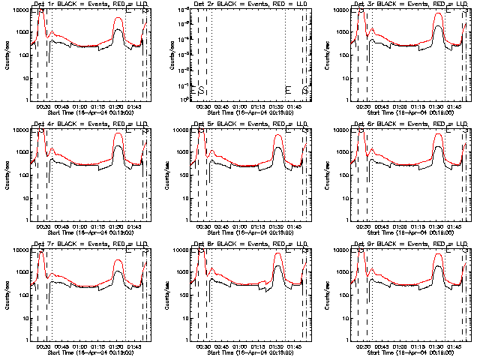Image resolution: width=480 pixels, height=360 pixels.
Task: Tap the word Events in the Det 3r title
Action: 402,4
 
